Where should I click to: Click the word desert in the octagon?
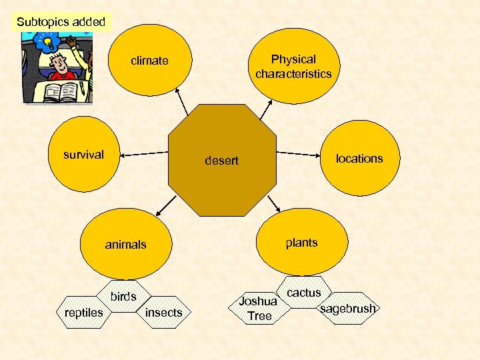221,161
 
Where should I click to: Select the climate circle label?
149,61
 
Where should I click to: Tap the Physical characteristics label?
293,67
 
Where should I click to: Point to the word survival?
83,155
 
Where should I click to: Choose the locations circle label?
359,158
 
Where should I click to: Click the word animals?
125,245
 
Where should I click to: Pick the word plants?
301,242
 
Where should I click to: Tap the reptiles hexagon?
83,312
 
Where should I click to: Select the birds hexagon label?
123,297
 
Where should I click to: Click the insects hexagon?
163,312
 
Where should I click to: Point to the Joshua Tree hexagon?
259,309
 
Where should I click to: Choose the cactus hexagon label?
304,293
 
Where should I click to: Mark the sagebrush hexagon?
348,309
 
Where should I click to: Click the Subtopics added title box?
61,21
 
